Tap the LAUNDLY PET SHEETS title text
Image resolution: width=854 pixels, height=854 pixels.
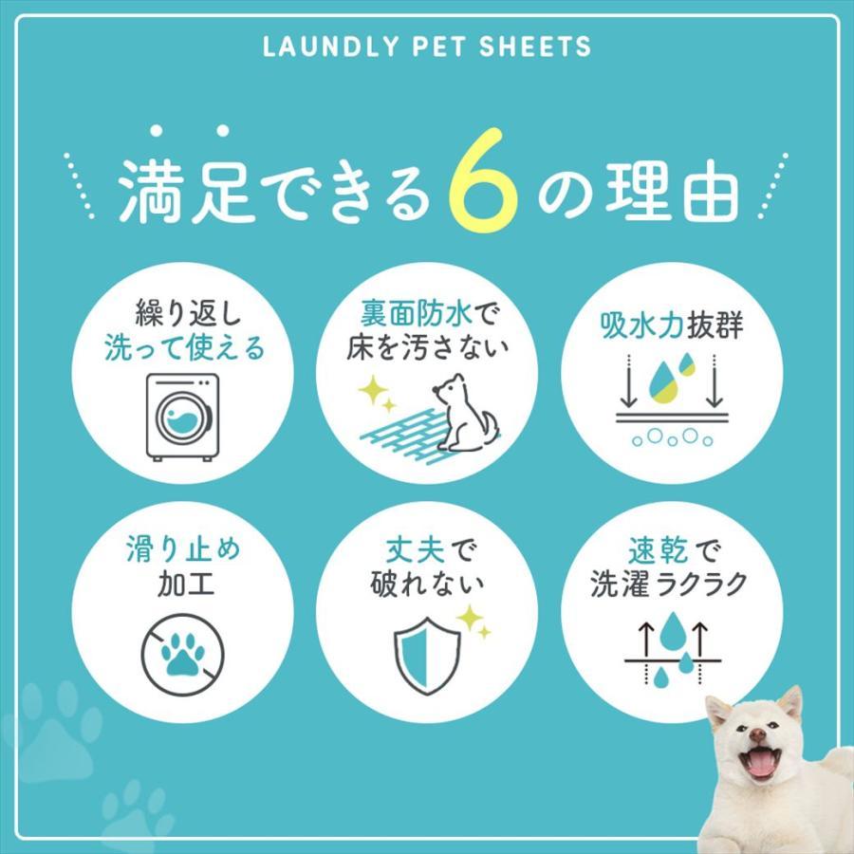click(426, 46)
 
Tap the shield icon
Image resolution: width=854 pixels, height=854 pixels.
click(426, 655)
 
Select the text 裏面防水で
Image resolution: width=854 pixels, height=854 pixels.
click(426, 312)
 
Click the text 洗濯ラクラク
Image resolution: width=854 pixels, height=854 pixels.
click(669, 584)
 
